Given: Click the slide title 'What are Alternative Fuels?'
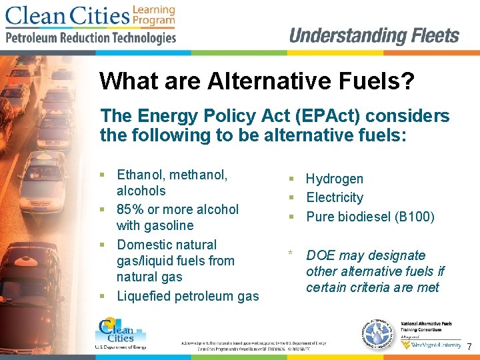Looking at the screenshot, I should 257,82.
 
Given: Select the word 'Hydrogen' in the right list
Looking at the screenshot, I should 335,179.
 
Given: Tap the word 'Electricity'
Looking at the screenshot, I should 335,197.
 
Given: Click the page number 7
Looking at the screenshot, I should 469,347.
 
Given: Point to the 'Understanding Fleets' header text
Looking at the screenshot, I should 374,35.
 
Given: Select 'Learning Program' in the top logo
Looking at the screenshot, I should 153,15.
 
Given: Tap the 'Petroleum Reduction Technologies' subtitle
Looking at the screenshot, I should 91,38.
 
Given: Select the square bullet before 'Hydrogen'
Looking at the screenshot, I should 291,179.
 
